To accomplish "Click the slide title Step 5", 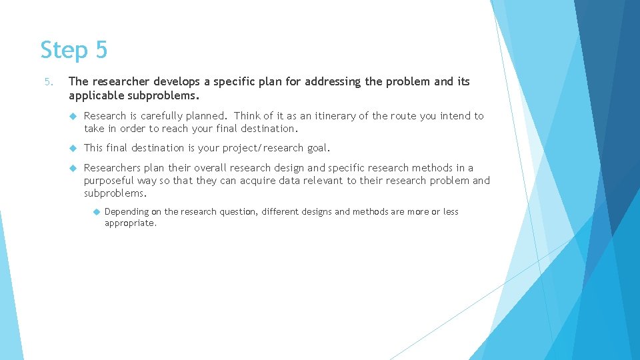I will (x=73, y=50).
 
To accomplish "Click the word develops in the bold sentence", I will (x=177, y=82).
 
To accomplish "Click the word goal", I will (x=317, y=148).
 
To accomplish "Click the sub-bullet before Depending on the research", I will (x=96, y=212).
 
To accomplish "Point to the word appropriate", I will (x=130, y=223).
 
